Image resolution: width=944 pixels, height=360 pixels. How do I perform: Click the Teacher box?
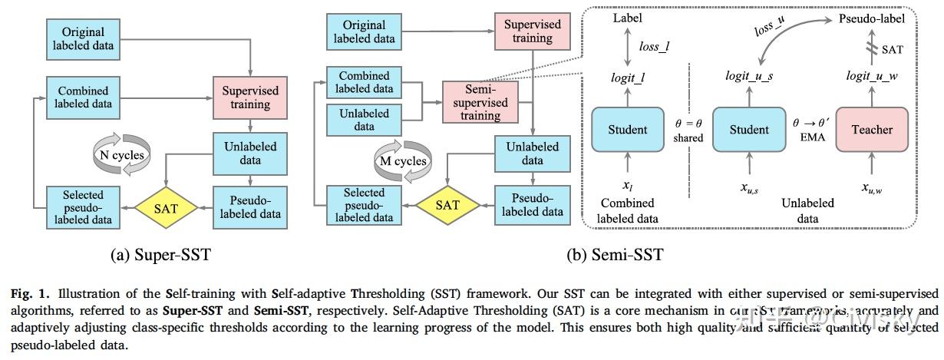pyautogui.click(x=872, y=129)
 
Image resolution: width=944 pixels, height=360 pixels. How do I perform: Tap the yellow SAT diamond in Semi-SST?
pyautogui.click(x=447, y=205)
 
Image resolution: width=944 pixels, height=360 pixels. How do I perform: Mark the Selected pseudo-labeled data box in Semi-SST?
pyautogui.click(x=365, y=205)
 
